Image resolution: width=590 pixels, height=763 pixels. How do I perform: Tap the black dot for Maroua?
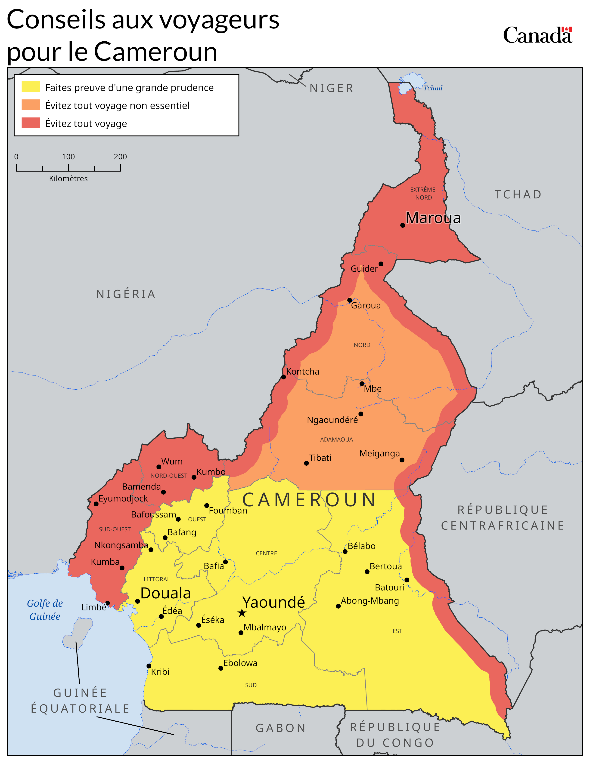[x=403, y=225]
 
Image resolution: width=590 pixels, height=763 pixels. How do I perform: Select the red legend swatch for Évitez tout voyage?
[x=31, y=123]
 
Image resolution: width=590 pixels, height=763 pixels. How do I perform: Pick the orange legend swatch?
[x=31, y=105]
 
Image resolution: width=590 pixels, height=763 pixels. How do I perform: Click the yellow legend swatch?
[x=31, y=87]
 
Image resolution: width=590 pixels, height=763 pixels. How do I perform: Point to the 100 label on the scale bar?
[x=68, y=157]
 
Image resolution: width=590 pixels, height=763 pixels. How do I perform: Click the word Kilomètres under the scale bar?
[x=68, y=178]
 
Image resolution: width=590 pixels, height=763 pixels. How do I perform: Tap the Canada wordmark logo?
[x=537, y=35]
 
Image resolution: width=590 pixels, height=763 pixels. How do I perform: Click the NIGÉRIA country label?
[x=126, y=294]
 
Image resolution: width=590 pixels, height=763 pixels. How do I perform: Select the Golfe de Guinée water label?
[x=45, y=610]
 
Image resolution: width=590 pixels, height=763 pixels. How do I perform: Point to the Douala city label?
[x=166, y=593]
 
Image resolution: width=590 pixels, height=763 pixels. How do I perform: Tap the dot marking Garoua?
[x=350, y=300]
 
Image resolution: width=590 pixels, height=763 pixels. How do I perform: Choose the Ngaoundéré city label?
[x=332, y=420]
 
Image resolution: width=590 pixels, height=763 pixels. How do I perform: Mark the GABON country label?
[x=281, y=728]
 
